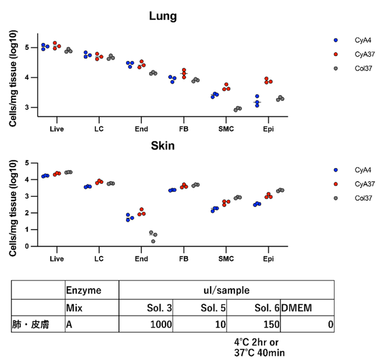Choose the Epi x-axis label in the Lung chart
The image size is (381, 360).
pyautogui.click(x=267, y=129)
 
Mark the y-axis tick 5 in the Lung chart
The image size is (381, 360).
pyautogui.click(x=29, y=47)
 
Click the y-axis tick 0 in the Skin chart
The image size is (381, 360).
pyautogui.click(x=29, y=246)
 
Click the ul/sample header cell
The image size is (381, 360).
pyautogui.click(x=226, y=289)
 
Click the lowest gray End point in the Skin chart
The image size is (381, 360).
pyautogui.click(x=153, y=241)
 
